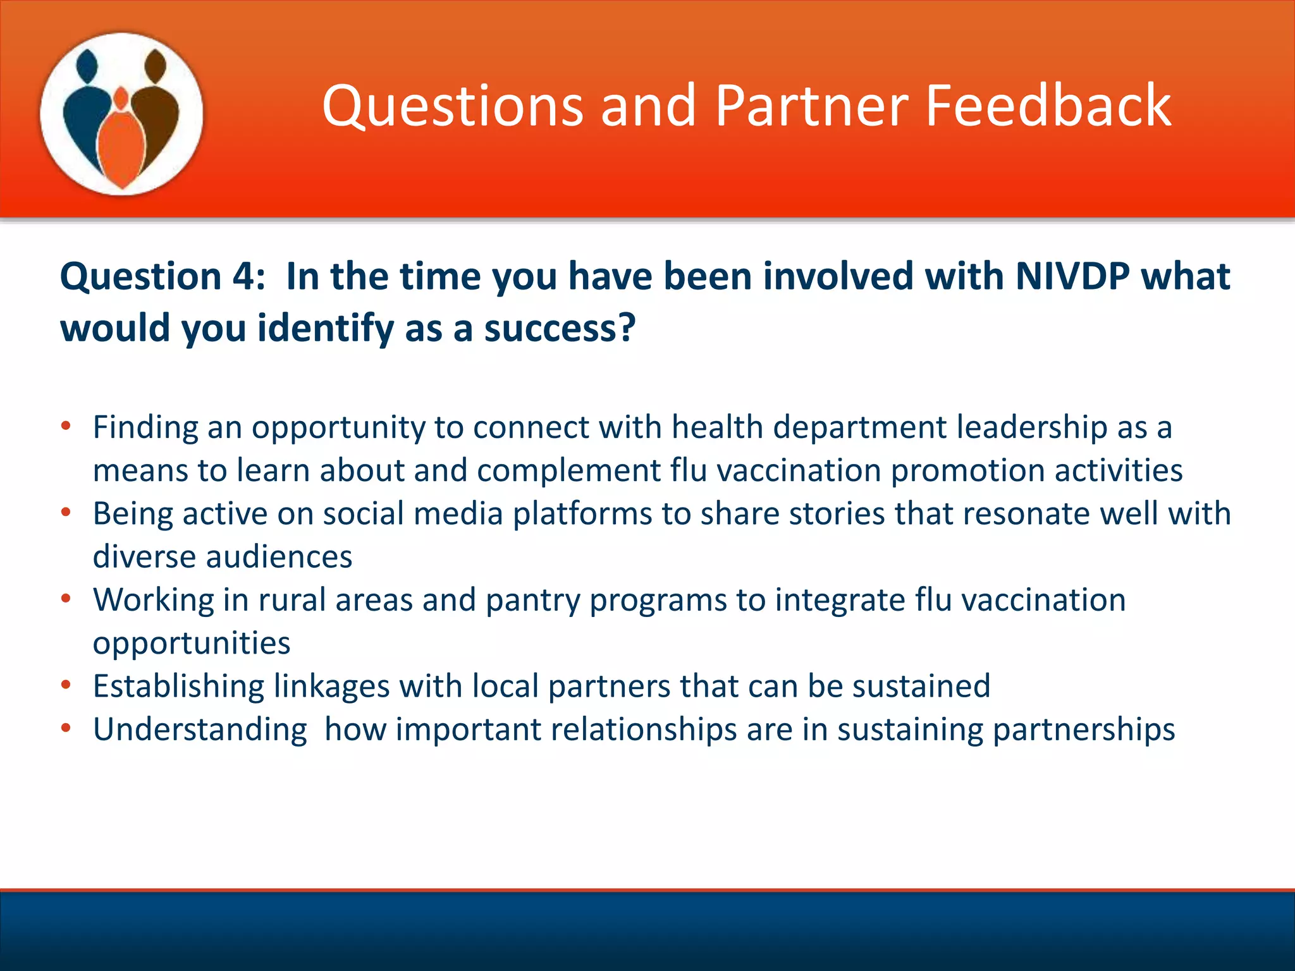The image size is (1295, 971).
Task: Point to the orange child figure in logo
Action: tap(121, 142)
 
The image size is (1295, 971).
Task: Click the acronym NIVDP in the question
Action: tap(1072, 276)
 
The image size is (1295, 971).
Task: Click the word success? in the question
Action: tap(560, 328)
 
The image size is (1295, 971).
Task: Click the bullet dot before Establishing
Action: tap(66, 685)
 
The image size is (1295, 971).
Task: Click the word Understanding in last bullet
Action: tap(200, 730)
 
